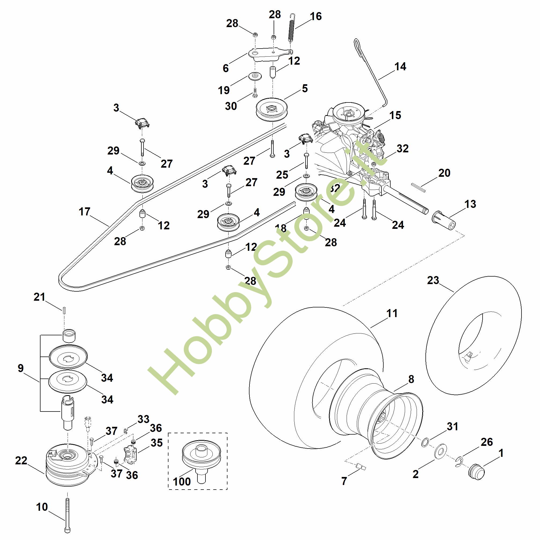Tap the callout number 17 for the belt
(85, 212)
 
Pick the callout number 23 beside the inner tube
(433, 280)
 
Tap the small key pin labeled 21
(64, 310)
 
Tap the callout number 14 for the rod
(400, 67)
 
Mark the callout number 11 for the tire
(392, 313)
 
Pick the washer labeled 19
(255, 76)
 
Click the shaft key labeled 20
(418, 187)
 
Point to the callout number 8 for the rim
(411, 379)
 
